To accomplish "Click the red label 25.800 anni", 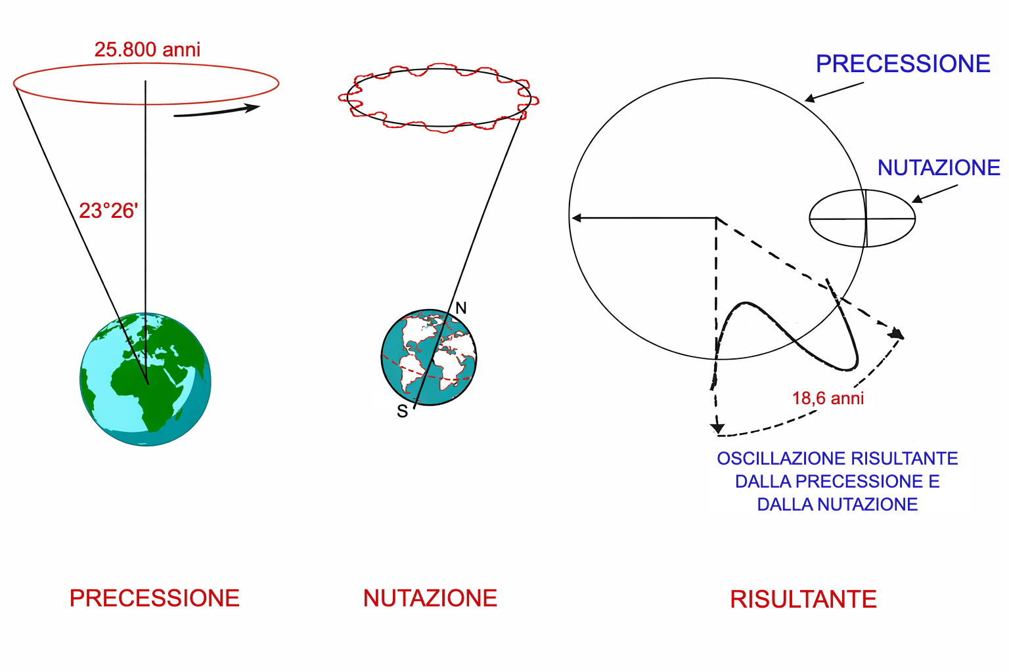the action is click(x=147, y=49).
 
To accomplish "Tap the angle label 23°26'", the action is click(x=108, y=211).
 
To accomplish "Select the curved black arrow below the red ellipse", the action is click(x=217, y=111).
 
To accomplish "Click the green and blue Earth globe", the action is click(x=145, y=379).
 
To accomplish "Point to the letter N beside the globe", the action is click(x=460, y=308).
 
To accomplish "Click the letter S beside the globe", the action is click(x=402, y=411).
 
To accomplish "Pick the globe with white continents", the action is click(x=429, y=358).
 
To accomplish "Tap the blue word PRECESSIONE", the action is click(x=903, y=64).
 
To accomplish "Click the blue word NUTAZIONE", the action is click(x=939, y=168).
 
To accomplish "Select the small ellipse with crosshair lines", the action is click(x=862, y=219).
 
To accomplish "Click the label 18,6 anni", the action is click(x=828, y=398).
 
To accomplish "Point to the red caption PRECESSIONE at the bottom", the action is click(x=154, y=598).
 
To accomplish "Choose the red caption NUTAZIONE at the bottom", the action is click(x=430, y=598).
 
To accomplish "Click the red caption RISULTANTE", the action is click(x=803, y=599).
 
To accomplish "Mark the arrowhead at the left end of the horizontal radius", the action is click(x=576, y=218).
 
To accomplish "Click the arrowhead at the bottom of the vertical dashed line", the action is click(x=717, y=428).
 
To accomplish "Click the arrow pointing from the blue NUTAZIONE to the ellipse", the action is click(x=935, y=194).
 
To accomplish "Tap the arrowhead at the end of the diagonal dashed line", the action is click(x=897, y=333).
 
